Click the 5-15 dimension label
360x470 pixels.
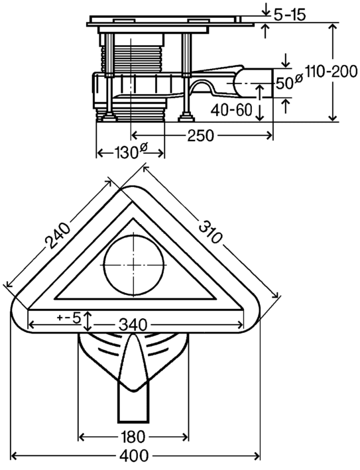[290, 15]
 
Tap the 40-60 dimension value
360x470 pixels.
[231, 110]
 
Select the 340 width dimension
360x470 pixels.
[133, 325]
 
